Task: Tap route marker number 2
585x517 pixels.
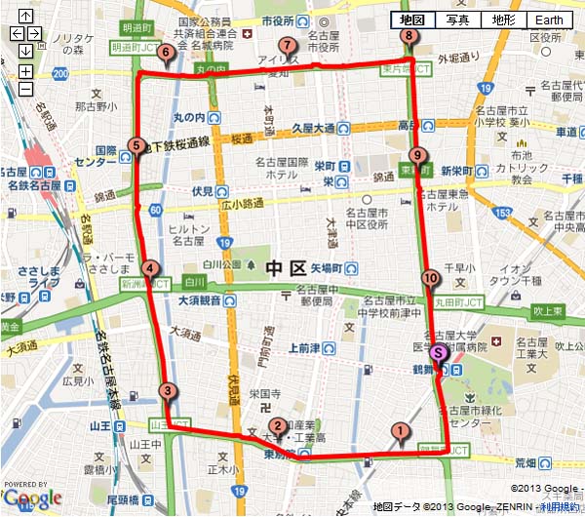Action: [278, 425]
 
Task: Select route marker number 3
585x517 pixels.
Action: [169, 392]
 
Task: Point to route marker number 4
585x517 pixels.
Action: [150, 269]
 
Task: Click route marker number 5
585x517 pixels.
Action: [136, 145]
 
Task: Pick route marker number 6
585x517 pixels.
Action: [167, 54]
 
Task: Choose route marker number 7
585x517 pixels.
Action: [287, 45]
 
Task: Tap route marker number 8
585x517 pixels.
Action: [408, 37]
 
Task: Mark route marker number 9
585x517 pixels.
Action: [417, 155]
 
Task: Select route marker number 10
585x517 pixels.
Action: [431, 278]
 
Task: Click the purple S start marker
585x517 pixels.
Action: [439, 354]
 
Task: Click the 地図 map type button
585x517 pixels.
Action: [413, 20]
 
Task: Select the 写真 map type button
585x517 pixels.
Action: [458, 20]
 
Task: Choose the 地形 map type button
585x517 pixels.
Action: [503, 20]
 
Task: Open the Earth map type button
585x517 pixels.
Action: [550, 20]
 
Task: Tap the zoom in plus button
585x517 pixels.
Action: [25, 71]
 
